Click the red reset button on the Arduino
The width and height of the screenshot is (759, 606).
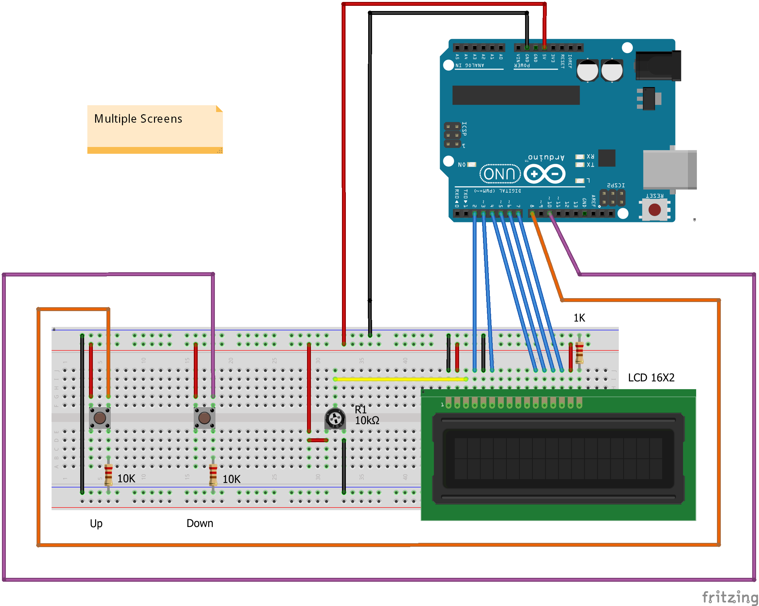pyautogui.click(x=654, y=210)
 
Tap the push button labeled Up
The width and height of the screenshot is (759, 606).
pyautogui.click(x=100, y=418)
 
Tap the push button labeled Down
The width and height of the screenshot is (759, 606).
pyautogui.click(x=204, y=418)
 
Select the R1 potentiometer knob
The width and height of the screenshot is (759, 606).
pyautogui.click(x=335, y=419)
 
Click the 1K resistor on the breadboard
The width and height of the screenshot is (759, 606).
pyautogui.click(x=579, y=353)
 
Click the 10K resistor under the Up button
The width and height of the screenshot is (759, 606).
pyautogui.click(x=108, y=475)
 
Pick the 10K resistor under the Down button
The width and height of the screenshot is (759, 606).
pyautogui.click(x=213, y=475)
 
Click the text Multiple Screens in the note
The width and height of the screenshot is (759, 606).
pyautogui.click(x=138, y=119)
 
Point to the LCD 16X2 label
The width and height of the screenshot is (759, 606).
pyautogui.click(x=651, y=378)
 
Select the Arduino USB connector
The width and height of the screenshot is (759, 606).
pyautogui.click(x=669, y=169)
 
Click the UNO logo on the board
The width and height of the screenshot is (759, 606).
pyautogui.click(x=500, y=174)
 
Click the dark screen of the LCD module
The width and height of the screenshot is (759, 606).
pyautogui.click(x=558, y=458)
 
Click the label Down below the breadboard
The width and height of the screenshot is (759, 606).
pyautogui.click(x=200, y=523)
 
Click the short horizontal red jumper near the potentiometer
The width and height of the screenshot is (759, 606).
pyautogui.click(x=317, y=440)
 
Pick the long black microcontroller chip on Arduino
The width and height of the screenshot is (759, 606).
pyautogui.click(x=516, y=95)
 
